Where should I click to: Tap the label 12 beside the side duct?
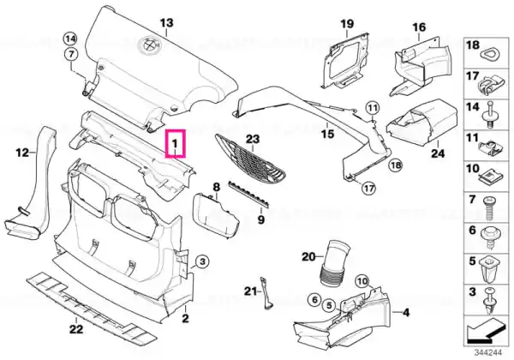click(x=22, y=153)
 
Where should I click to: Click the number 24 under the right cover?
click(x=438, y=156)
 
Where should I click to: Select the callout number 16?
click(x=419, y=27)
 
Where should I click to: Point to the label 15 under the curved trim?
click(x=326, y=134)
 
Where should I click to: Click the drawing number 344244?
click(x=487, y=351)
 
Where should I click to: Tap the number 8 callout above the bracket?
click(x=217, y=186)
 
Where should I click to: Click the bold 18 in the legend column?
click(x=472, y=45)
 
